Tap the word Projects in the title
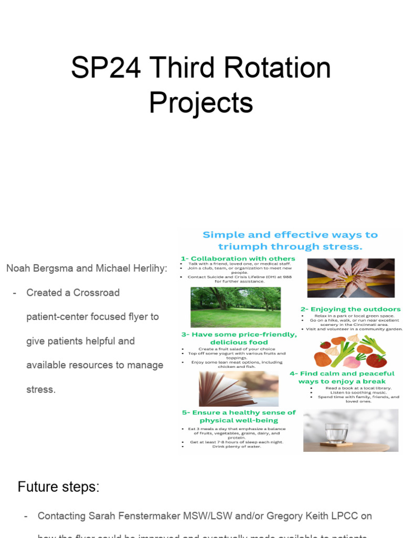point(201,102)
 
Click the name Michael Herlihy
point(131,268)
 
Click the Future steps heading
point(58,487)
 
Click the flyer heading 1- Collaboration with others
point(238,258)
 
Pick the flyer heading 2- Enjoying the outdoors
point(350,309)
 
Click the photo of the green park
point(236,306)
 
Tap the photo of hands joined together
point(351,278)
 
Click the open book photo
point(239,389)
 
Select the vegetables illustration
point(351,351)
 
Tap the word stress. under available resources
point(41,389)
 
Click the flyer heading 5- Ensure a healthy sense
point(239,413)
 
